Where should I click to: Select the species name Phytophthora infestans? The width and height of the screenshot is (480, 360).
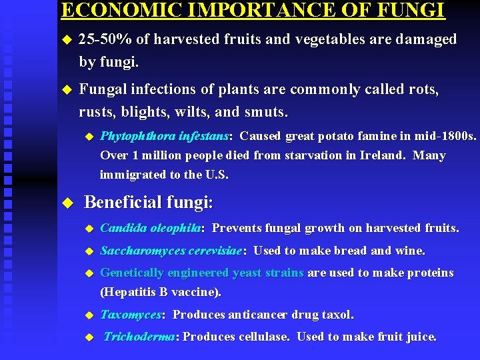pyautogui.click(x=164, y=137)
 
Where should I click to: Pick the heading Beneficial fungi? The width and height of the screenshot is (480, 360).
pyautogui.click(x=148, y=202)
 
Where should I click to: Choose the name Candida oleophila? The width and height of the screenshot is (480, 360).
pyautogui.click(x=151, y=228)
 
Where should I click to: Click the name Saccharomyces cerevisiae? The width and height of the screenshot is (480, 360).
pyautogui.click(x=171, y=251)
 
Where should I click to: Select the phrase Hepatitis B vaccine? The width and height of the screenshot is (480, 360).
pyautogui.click(x=160, y=292)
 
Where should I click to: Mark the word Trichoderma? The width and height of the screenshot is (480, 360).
pyautogui.click(x=139, y=337)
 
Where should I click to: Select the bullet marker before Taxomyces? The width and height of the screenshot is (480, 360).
pyautogui.click(x=87, y=315)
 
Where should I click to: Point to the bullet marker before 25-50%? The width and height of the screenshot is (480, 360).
pyautogui.click(x=66, y=40)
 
